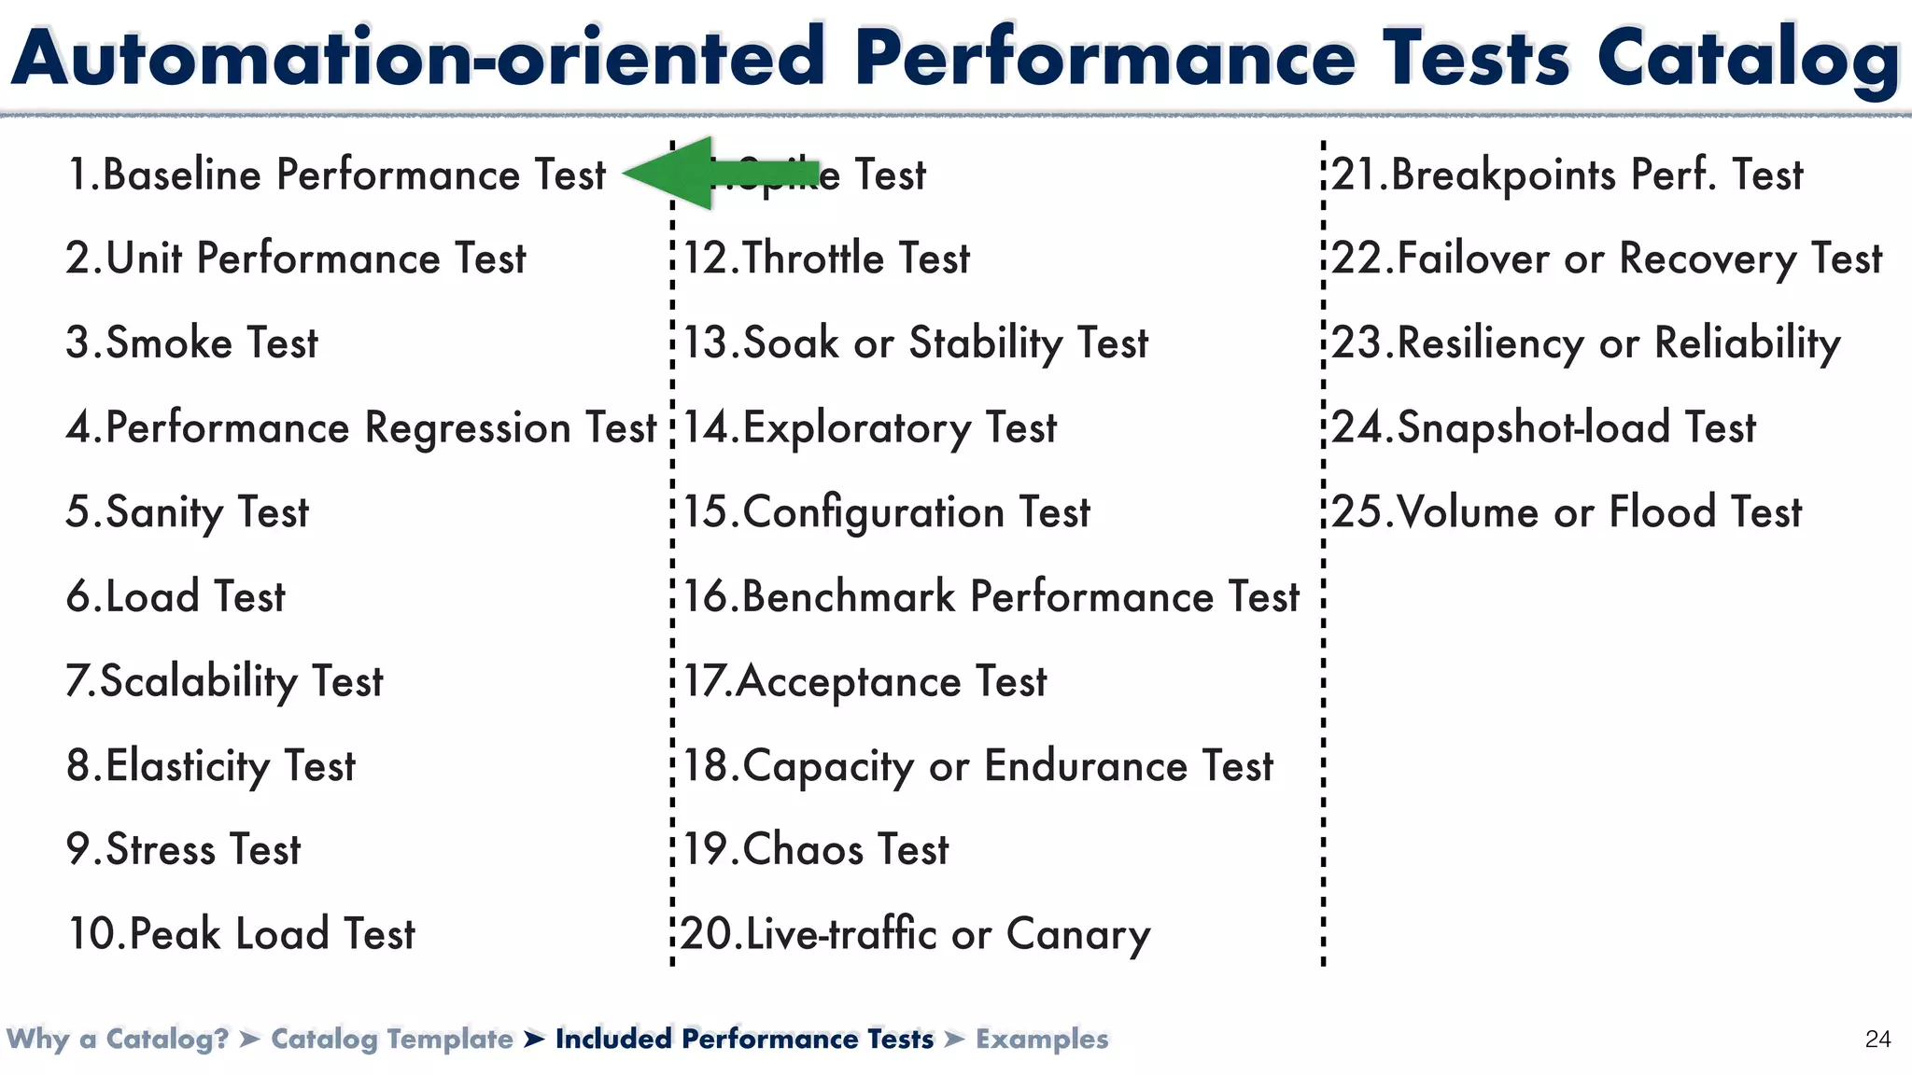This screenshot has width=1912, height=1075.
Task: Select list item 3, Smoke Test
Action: click(x=192, y=342)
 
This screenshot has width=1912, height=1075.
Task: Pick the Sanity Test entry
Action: click(x=188, y=512)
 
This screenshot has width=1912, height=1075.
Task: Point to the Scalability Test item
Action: click(x=225, y=681)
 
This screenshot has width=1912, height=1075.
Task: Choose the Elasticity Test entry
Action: click(x=211, y=766)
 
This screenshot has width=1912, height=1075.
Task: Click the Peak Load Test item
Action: click(x=242, y=934)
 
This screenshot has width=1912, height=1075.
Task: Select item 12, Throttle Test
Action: click(x=827, y=258)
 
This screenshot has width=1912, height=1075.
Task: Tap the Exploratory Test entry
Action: click(x=870, y=428)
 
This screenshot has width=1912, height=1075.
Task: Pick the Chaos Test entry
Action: click(x=816, y=850)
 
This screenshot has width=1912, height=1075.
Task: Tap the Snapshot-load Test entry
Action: click(x=1544, y=428)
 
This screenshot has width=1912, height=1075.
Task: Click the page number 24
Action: click(x=1877, y=1040)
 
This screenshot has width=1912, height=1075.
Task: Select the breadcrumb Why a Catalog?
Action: click(x=118, y=1039)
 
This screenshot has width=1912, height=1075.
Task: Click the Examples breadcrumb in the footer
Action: click(x=1042, y=1039)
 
